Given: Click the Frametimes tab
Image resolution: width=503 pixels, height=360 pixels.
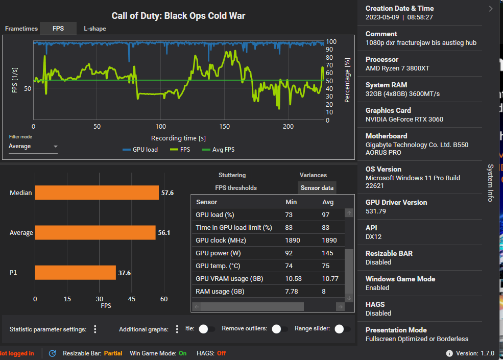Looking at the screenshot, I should pos(21,29).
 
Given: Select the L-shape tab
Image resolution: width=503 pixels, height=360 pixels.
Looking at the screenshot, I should pos(95,29).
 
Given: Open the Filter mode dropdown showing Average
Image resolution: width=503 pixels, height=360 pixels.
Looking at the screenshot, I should pos(33,147).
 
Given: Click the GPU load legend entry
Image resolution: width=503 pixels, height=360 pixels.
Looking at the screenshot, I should pos(140,150).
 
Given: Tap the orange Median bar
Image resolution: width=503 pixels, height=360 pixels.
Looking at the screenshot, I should pos(97,193).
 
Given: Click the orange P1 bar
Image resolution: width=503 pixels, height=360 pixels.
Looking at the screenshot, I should pos(75,273).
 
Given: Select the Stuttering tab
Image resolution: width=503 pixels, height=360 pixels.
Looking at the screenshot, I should pos(232,175).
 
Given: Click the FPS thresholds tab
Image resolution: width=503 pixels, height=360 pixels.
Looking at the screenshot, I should pos(236,188).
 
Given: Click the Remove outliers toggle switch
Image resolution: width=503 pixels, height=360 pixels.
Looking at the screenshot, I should pos(278,329).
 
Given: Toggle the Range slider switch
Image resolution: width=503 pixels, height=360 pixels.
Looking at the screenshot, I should pos(341,329).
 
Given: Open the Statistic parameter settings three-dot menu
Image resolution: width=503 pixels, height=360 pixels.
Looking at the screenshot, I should pos(95,329).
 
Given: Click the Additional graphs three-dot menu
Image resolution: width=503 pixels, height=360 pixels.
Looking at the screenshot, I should pos(177,329).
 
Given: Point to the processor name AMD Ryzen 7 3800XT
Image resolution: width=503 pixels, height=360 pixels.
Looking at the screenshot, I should pos(397,68).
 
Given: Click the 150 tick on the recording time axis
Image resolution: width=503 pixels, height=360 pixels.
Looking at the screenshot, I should pos(224,127).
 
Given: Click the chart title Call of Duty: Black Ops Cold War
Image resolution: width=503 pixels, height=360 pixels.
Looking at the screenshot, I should pos(178,16).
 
